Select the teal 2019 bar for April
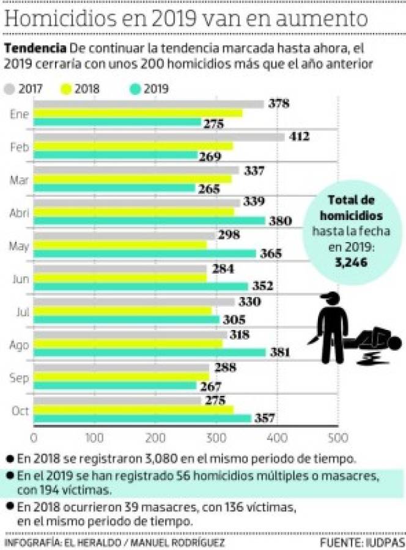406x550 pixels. click(x=149, y=221)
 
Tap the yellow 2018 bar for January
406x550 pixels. click(x=138, y=113)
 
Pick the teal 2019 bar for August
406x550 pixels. click(x=149, y=353)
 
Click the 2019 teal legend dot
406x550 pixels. click(x=136, y=89)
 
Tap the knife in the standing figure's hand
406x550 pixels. click(x=318, y=334)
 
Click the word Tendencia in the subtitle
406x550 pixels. click(x=35, y=48)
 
